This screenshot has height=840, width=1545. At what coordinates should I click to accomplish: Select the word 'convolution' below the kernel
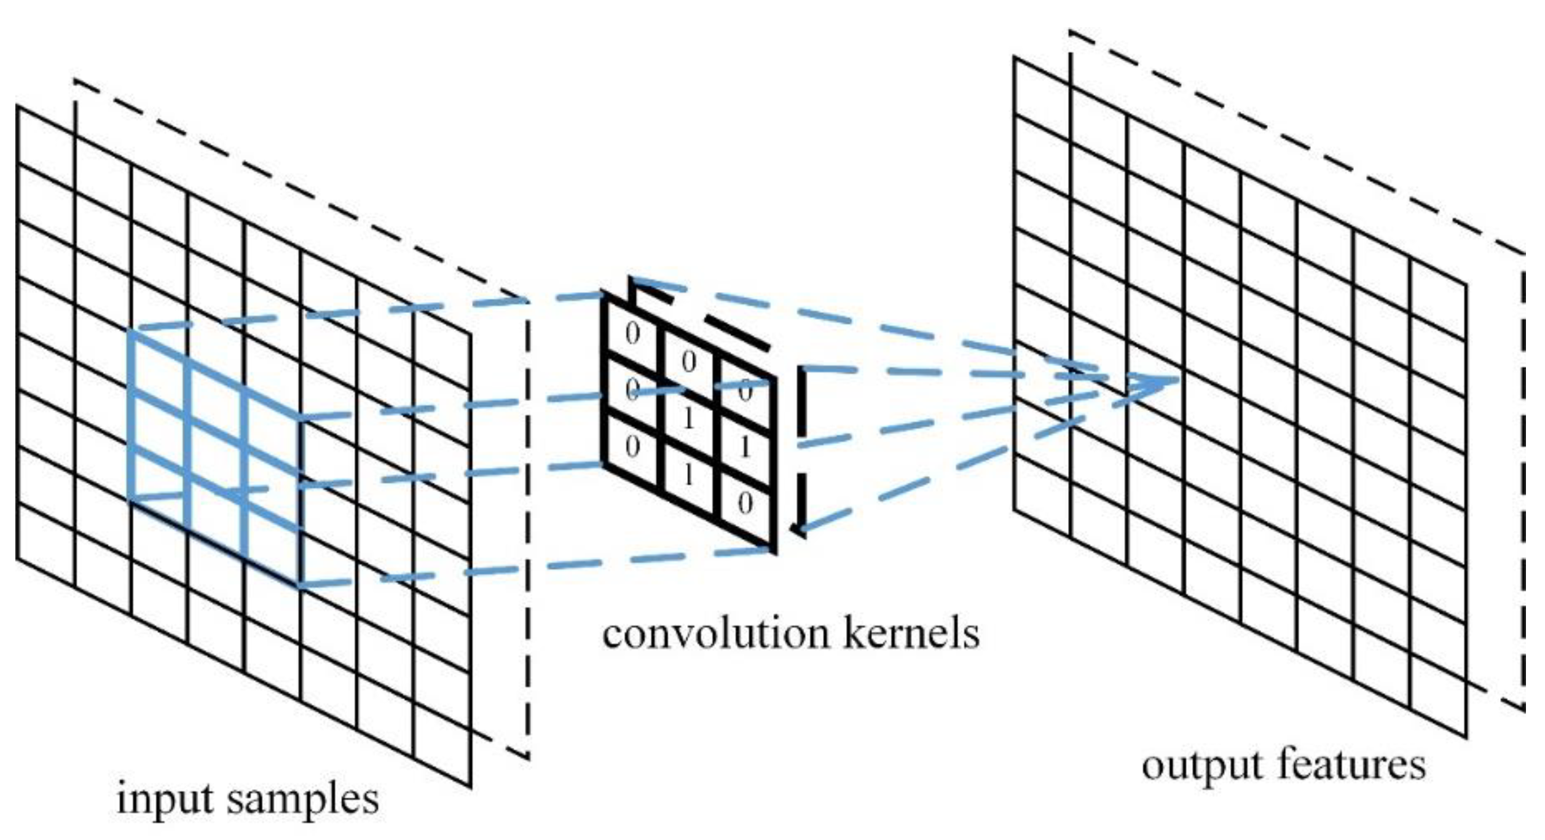715,634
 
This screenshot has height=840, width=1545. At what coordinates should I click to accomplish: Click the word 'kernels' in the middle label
911,634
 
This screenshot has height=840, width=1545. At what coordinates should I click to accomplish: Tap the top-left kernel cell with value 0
632,334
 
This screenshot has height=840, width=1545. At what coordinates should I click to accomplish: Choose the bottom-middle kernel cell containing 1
688,475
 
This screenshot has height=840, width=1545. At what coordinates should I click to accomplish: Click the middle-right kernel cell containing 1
745,448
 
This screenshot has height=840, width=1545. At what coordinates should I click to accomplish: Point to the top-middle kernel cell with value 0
688,362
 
